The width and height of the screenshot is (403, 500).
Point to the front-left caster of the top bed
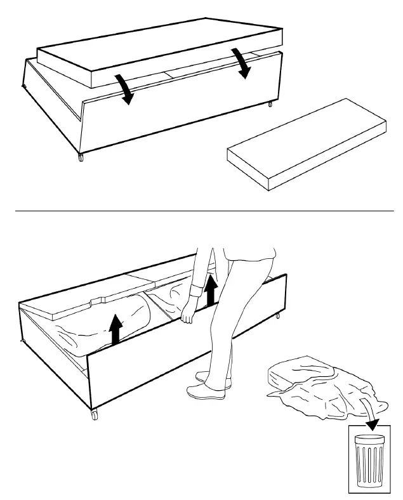click(80, 157)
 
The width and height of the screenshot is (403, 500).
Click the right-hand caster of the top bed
click(270, 103)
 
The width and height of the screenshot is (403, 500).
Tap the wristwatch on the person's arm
click(195, 293)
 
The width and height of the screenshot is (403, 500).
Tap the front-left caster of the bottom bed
click(95, 415)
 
